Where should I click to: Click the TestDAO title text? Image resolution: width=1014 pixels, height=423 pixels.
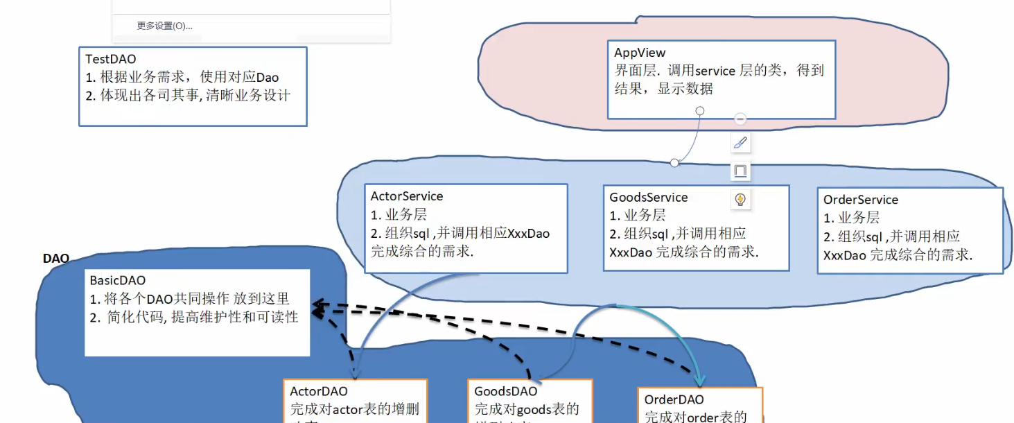(110, 60)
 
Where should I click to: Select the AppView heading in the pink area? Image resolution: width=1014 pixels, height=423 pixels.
(640, 53)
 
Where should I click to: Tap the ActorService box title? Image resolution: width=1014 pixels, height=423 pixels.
(407, 196)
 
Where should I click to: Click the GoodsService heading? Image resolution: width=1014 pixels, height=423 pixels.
(649, 198)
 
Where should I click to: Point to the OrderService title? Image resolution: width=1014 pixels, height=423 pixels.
(860, 200)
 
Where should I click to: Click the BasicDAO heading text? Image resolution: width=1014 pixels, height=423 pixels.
(118, 281)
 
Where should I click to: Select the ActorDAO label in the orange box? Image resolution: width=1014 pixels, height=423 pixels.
(319, 392)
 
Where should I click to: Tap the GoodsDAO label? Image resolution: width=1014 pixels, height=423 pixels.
(506, 392)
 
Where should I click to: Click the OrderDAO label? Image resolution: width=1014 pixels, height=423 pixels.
(674, 399)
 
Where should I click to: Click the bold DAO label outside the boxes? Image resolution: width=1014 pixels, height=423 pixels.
(56, 259)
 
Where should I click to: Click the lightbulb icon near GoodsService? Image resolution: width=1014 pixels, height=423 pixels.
(740, 200)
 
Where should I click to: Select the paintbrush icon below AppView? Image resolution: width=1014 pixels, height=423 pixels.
(740, 143)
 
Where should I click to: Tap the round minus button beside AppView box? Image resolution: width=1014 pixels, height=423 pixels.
(740, 119)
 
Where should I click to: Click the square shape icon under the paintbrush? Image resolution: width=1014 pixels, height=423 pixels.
(740, 170)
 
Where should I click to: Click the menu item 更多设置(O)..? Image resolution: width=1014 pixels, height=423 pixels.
(164, 26)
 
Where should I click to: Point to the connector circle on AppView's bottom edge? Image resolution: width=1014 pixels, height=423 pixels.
(700, 111)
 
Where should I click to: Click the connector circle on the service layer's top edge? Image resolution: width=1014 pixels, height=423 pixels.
(674, 162)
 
